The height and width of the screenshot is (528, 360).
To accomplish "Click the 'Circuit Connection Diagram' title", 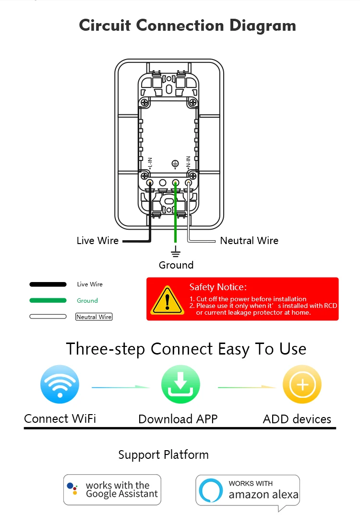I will pos(187,25).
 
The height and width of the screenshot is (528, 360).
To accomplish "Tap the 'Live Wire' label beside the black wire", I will pos(97,241).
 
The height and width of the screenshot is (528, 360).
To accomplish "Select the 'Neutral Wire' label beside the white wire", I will pos(249,241).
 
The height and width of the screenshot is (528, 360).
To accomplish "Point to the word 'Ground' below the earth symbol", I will pos(176,265).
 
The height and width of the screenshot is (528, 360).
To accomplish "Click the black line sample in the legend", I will pos(48,284).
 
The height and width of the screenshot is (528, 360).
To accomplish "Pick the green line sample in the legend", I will pos(48,301).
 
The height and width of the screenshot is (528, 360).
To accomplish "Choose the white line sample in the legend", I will pos(48,317).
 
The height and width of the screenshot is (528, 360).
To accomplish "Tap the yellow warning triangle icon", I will pos(167,301).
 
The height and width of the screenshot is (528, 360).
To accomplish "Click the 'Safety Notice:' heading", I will pos(218,287).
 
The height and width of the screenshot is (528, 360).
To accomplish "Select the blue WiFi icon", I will pos(60,384).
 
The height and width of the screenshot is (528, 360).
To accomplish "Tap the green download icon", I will pos(180,384).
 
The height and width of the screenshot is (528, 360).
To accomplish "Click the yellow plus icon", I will pos(302,384).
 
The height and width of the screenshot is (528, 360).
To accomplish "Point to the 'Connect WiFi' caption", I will pos(60,419).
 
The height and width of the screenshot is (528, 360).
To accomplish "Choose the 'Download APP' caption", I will pos(178,419).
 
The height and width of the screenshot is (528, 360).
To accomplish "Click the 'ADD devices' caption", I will pos(297,419).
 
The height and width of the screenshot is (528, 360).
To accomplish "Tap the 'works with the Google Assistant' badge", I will pos(112,490).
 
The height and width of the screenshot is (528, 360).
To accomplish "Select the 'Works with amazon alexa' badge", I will pos(248,490).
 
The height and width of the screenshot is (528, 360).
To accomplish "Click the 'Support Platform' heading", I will pos(164,455).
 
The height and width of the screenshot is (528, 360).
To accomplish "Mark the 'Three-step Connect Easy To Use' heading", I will pos(186,349).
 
